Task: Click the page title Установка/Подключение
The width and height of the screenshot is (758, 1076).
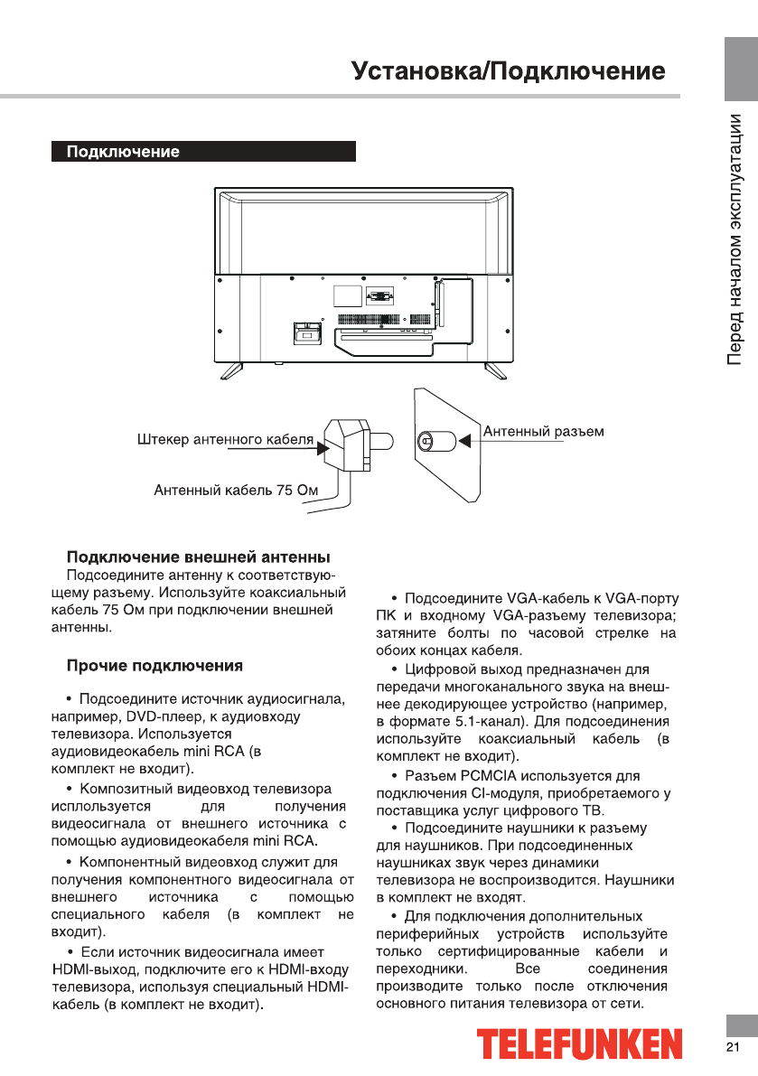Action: (x=509, y=71)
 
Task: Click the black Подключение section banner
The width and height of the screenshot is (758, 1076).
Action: (x=202, y=152)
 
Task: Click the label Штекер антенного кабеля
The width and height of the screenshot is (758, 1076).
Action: (x=225, y=441)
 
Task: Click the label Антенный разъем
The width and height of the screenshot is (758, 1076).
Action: (x=544, y=432)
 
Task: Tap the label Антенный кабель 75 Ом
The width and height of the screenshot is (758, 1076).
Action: (x=237, y=491)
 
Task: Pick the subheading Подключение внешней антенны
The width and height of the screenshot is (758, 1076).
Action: (x=198, y=556)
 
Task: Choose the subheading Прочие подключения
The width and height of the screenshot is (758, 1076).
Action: (x=154, y=667)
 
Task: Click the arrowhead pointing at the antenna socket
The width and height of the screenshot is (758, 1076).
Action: (x=466, y=441)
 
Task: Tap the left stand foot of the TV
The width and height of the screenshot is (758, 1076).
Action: (x=229, y=369)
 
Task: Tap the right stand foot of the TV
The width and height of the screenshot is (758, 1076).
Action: (x=496, y=369)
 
